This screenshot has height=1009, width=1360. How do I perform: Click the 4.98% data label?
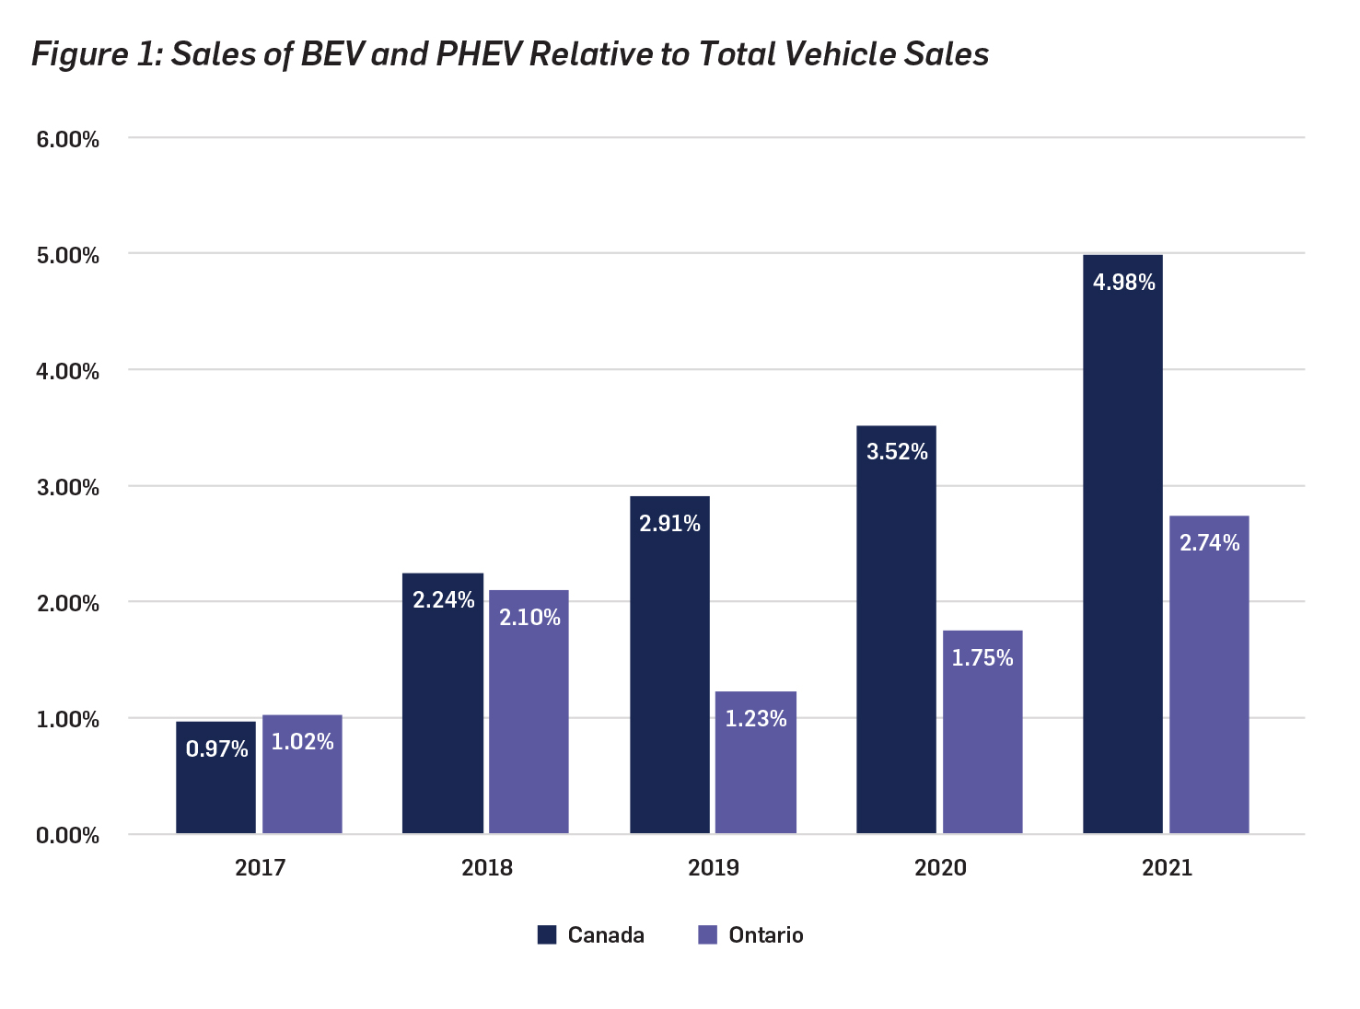pyautogui.click(x=1123, y=283)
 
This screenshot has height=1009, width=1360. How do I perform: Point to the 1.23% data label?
pyautogui.click(x=755, y=719)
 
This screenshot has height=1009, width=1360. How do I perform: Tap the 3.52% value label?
pyautogui.click(x=897, y=452)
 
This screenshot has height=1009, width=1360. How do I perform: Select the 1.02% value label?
pyautogui.click(x=302, y=742)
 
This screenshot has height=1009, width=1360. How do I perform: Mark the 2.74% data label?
pyautogui.click(x=1209, y=543)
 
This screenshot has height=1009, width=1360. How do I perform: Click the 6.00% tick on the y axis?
pyautogui.click(x=67, y=140)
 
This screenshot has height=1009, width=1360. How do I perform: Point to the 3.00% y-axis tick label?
pyautogui.click(x=67, y=488)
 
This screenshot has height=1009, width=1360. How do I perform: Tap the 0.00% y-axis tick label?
pyautogui.click(x=67, y=836)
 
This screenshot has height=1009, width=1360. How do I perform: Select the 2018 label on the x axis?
pyautogui.click(x=486, y=868)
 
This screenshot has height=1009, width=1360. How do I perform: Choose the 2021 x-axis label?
pyautogui.click(x=1167, y=868)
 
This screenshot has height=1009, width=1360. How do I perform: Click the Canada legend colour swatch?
pyautogui.click(x=547, y=935)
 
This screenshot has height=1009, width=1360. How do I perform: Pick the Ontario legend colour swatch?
pyautogui.click(x=707, y=935)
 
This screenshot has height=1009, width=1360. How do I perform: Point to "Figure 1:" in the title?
pyautogui.click(x=97, y=54)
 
